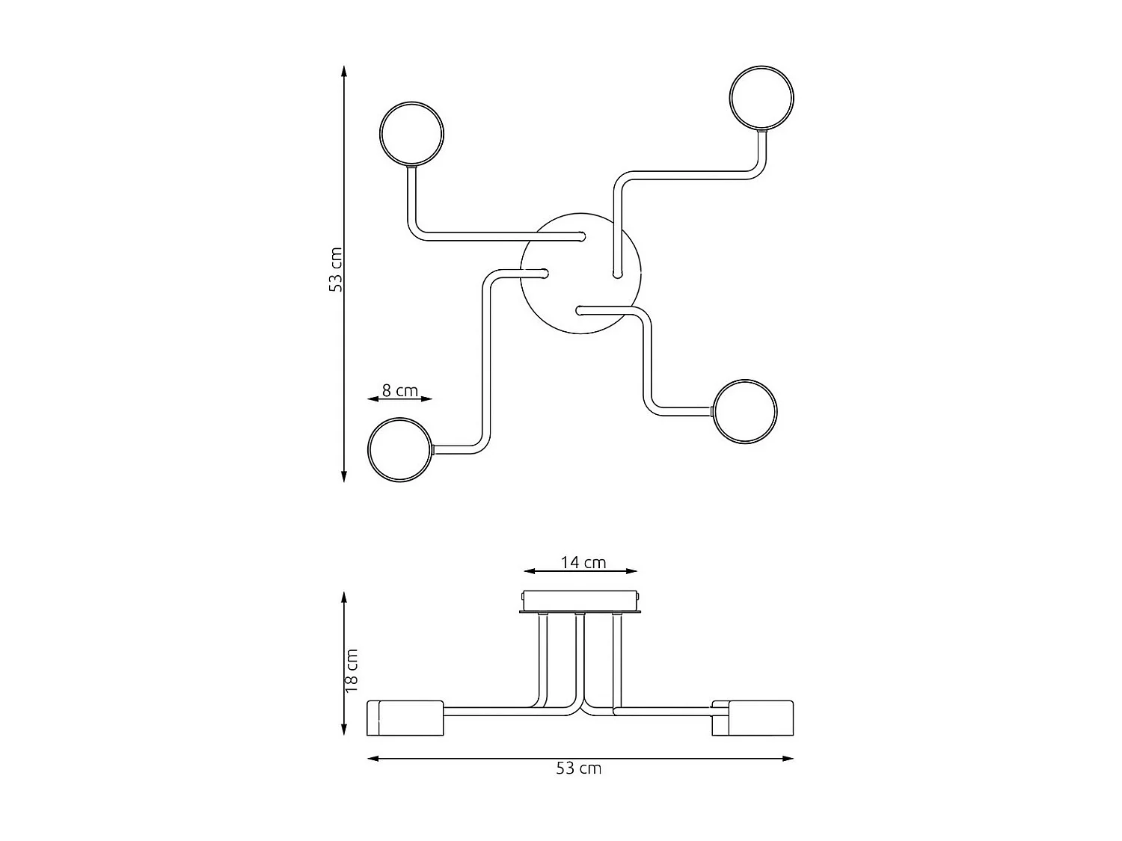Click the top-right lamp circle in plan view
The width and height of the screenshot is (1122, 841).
(761, 98)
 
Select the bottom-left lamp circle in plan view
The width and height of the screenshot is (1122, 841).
(400, 449)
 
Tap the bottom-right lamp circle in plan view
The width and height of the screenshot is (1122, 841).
(745, 412)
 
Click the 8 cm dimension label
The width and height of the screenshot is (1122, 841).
(399, 389)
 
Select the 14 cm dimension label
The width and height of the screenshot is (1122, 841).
(583, 562)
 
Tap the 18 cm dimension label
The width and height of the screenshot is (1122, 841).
(352, 671)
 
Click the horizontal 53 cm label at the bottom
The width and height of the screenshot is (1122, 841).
(578, 768)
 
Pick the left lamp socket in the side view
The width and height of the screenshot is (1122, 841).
(405, 718)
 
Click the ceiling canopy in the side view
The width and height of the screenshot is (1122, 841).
(580, 601)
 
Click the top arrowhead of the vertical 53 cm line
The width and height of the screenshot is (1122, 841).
(344, 70)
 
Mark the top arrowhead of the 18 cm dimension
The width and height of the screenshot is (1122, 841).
(344, 597)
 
